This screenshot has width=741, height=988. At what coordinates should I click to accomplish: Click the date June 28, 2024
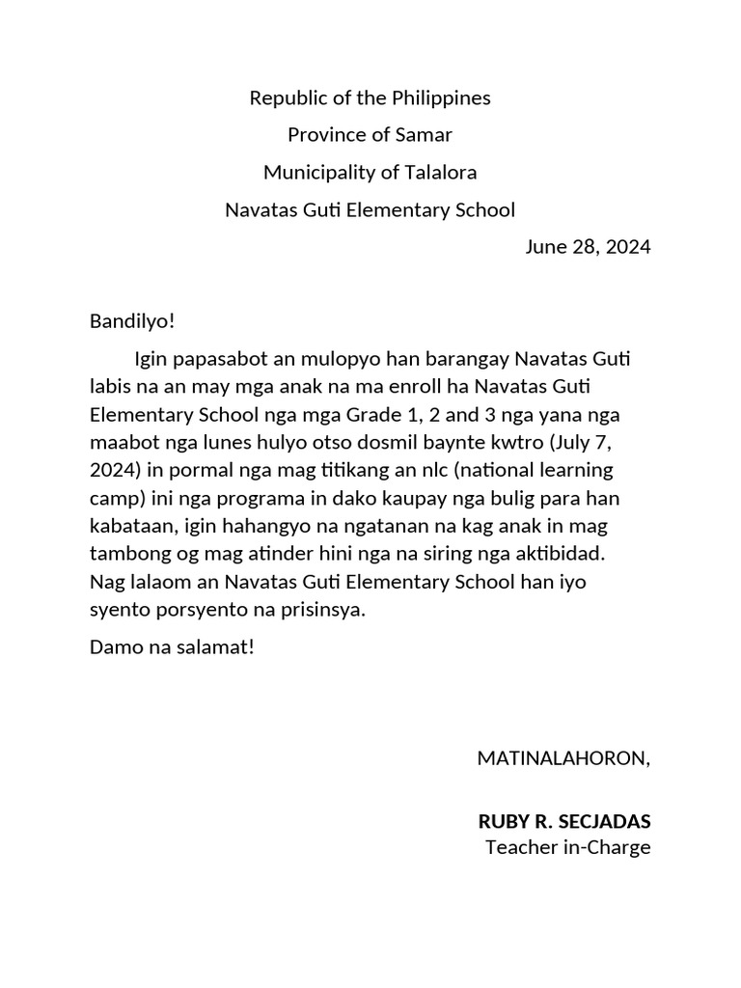pyautogui.click(x=588, y=247)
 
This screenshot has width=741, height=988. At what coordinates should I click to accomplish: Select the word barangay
pyautogui.click(x=462, y=360)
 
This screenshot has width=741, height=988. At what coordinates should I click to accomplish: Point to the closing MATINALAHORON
pyautogui.click(x=563, y=758)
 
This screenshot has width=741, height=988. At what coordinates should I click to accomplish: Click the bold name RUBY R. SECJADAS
pyautogui.click(x=564, y=822)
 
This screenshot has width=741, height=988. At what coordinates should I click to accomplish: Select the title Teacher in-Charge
pyautogui.click(x=568, y=848)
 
